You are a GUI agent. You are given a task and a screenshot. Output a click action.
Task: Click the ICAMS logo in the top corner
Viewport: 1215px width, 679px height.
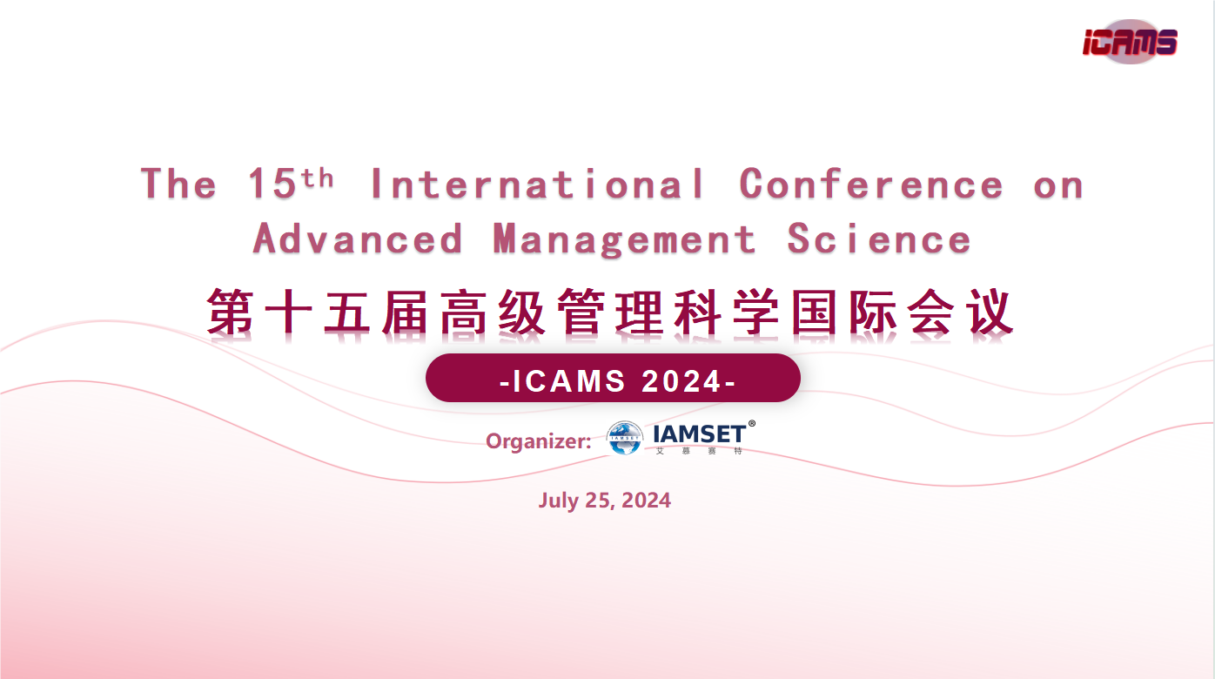click(1130, 42)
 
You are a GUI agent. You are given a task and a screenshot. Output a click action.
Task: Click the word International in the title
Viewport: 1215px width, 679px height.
click(538, 184)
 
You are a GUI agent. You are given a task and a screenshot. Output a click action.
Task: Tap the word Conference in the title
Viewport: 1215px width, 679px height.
click(871, 184)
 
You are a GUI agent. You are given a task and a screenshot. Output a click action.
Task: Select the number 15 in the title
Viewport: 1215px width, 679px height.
click(272, 184)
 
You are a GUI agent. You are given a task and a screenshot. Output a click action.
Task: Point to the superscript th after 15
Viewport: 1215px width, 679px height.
click(317, 178)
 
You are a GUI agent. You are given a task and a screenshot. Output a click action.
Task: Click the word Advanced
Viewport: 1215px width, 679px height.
click(358, 239)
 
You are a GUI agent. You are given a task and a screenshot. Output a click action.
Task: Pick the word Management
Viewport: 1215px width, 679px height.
click(624, 239)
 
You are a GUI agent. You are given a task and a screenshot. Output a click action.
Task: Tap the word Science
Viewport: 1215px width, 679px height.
click(879, 239)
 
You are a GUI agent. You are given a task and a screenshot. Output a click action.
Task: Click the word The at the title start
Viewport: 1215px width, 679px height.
click(178, 184)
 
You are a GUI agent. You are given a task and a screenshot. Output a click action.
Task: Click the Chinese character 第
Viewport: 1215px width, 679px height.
click(230, 312)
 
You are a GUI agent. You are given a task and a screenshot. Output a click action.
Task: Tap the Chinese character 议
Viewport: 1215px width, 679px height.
click(990, 312)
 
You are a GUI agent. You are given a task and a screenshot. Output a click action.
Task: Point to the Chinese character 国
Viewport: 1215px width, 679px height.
click(814, 312)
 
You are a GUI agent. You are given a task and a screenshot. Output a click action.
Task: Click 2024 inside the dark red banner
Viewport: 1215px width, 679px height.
click(681, 380)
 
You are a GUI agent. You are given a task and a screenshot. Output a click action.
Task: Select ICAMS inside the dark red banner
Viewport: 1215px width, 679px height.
click(569, 380)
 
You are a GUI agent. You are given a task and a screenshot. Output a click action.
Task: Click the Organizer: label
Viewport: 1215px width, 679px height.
click(538, 442)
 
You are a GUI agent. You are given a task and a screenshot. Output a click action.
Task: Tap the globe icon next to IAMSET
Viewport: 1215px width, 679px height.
click(624, 438)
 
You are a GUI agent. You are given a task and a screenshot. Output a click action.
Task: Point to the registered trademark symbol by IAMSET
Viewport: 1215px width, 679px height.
click(752, 424)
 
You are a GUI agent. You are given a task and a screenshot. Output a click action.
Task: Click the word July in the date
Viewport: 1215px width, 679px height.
click(558, 501)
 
